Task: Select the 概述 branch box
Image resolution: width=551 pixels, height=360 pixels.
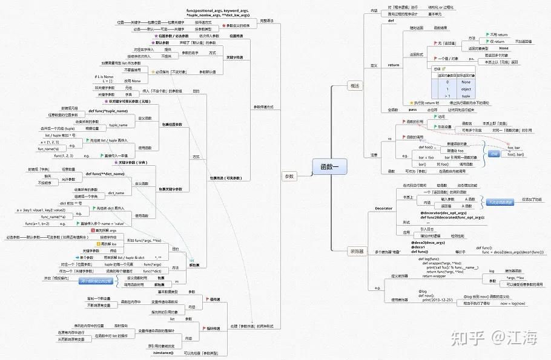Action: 355,87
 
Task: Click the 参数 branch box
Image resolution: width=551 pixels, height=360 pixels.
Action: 289,177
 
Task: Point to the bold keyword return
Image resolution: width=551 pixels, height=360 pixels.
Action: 394,65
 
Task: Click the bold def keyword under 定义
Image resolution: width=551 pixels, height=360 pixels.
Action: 391,21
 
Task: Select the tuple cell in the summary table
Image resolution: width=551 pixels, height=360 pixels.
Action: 465,96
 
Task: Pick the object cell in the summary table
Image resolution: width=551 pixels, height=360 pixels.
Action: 465,89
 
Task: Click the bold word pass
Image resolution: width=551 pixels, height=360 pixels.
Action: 412,110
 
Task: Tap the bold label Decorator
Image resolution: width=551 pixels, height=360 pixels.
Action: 383,208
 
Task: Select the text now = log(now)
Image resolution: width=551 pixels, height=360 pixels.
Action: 513,303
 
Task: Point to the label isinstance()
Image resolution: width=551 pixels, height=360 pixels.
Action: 163,352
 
